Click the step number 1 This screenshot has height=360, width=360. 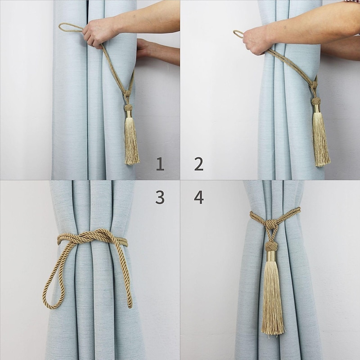[x=160, y=164]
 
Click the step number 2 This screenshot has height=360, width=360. [x=199, y=164]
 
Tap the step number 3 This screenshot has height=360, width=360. [x=160, y=197]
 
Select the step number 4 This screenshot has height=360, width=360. [x=199, y=197]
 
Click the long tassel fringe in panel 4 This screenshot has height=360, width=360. [x=273, y=297]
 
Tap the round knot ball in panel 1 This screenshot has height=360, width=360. [x=128, y=108]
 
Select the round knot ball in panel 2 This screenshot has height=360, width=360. [x=316, y=102]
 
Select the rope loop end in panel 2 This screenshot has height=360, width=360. [x=238, y=34]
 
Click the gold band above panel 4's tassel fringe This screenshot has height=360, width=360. [x=272, y=257]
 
